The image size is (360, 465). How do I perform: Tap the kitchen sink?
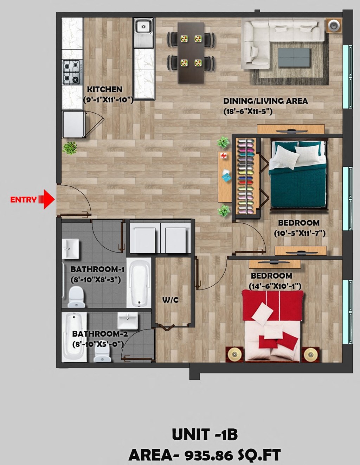[x=143, y=27]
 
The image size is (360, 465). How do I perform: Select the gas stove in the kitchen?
[x=71, y=72]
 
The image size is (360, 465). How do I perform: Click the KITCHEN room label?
[x=105, y=89]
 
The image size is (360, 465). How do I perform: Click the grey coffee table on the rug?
[x=294, y=57]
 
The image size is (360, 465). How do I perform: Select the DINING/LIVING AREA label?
[x=265, y=101]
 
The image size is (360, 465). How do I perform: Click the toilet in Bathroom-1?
[x=76, y=297]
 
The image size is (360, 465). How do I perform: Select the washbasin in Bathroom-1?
[x=71, y=249]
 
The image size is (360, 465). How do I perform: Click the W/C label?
[x=170, y=300]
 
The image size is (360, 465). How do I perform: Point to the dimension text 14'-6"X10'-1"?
[x=275, y=286]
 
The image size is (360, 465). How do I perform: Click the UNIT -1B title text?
[x=205, y=435]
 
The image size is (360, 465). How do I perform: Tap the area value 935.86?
[x=208, y=456]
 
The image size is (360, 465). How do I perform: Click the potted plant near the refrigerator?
[x=70, y=147]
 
